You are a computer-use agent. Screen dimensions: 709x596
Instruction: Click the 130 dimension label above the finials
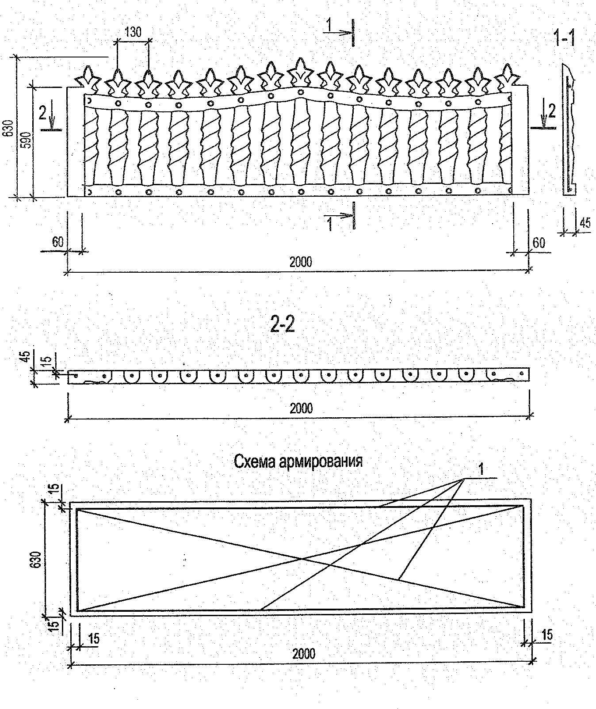coord(133,32)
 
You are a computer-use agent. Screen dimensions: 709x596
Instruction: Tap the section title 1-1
coord(564,39)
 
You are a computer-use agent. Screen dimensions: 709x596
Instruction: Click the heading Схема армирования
coord(298,461)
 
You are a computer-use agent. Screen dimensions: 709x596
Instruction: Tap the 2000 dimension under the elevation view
coord(301,262)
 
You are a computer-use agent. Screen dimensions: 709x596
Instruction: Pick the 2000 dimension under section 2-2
coord(301,408)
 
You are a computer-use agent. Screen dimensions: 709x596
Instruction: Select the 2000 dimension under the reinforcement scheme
coord(304,653)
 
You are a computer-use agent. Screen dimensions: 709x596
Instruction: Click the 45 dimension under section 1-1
coord(585,222)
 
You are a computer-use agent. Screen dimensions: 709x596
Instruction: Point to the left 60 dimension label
coord(57,242)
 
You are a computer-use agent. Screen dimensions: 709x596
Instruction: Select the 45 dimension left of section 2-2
coord(25,356)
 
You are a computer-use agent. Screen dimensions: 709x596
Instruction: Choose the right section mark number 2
coord(552,111)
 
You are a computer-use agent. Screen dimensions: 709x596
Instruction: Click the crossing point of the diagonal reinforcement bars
coord(302,559)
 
